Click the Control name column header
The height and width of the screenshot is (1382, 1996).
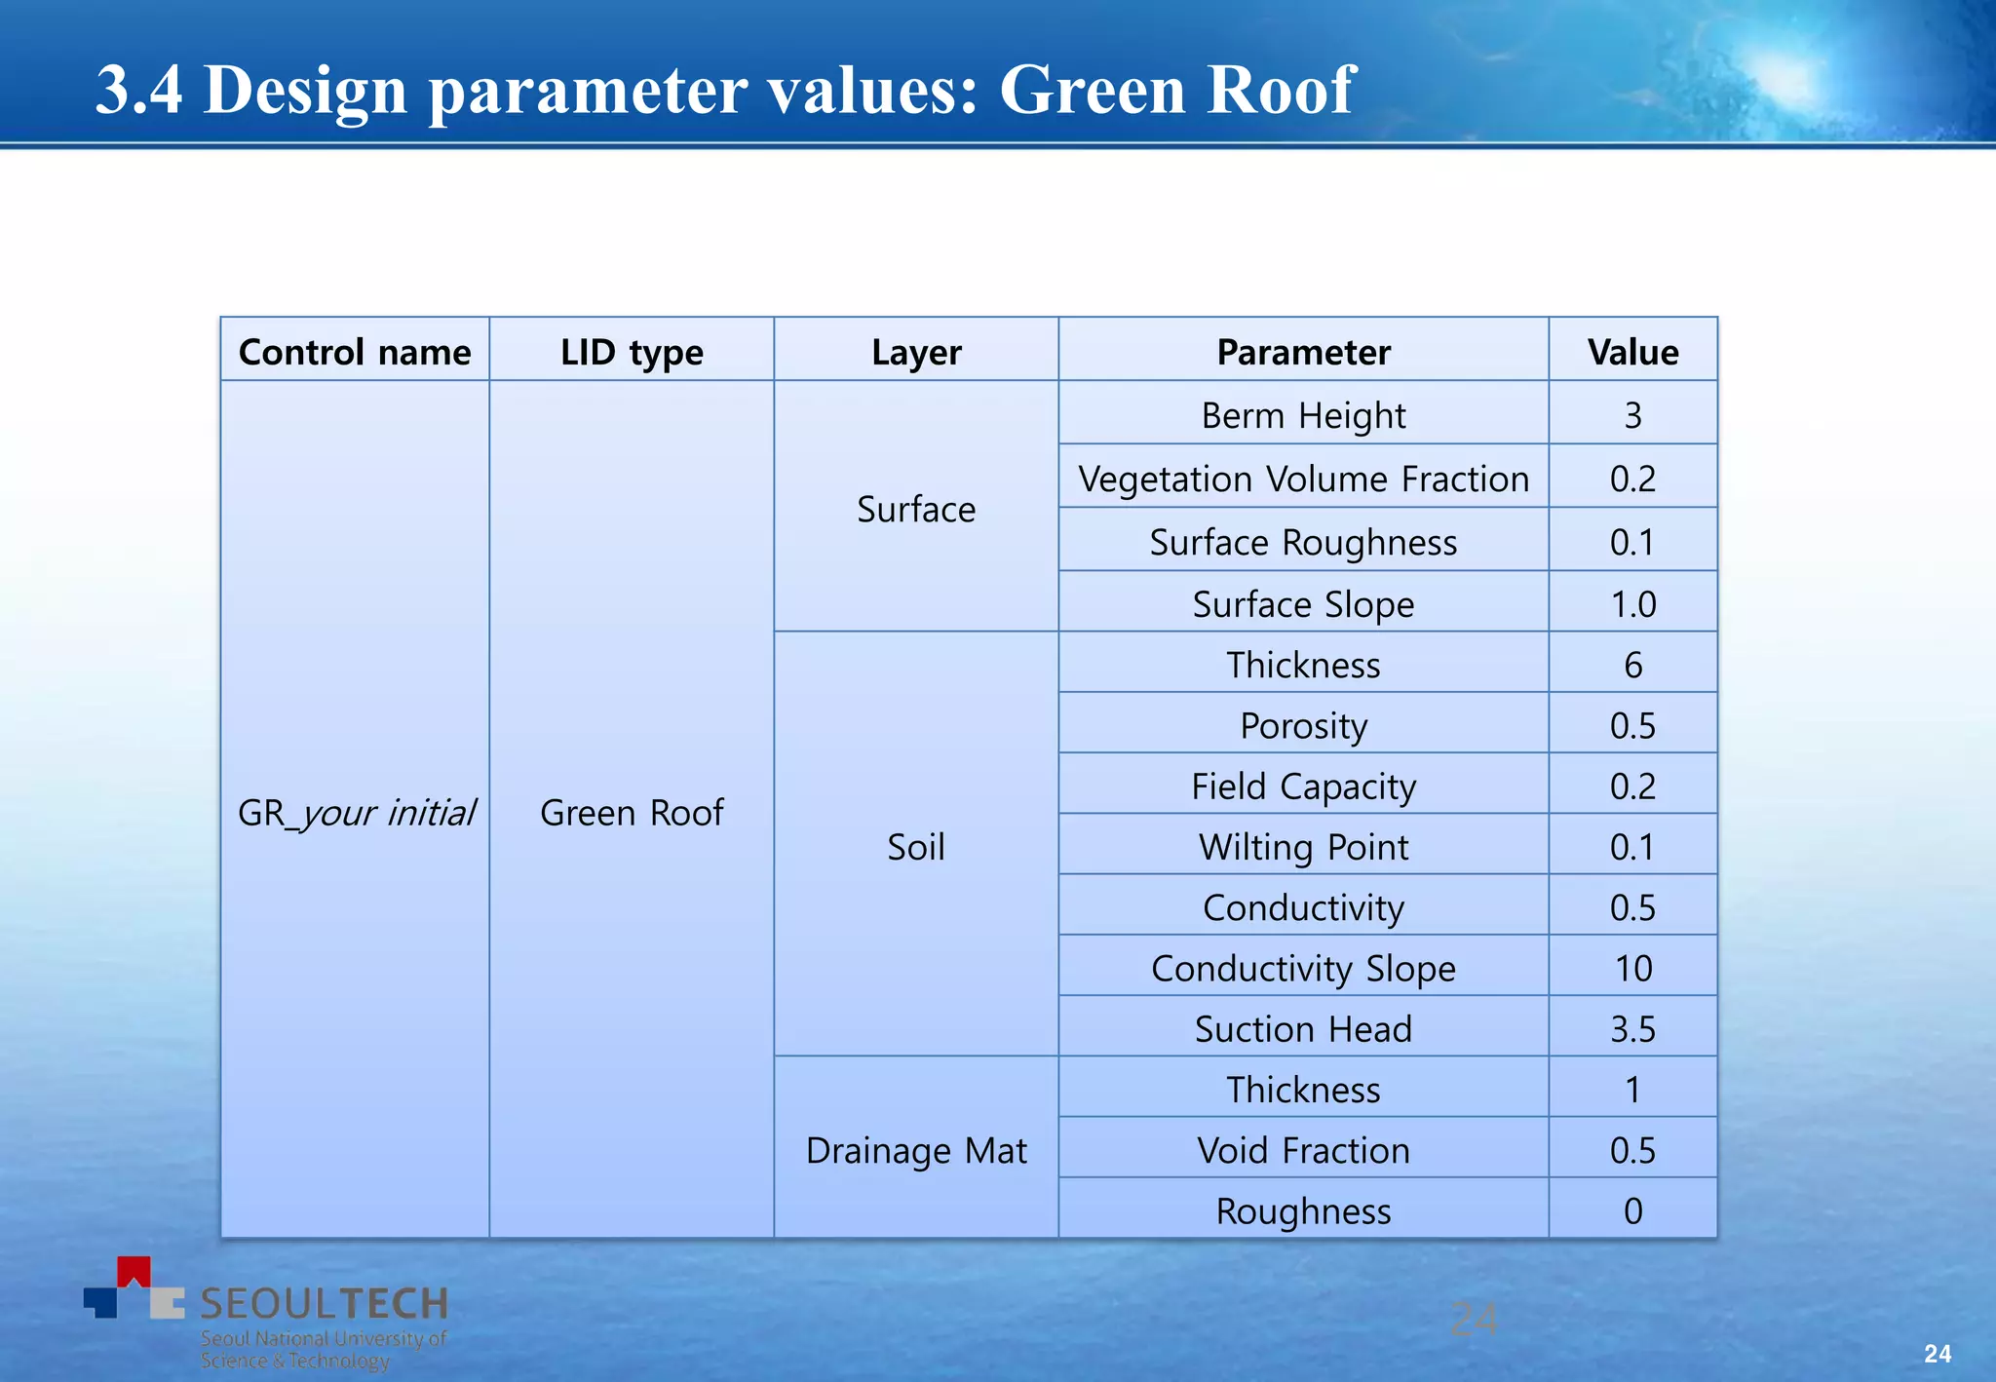point(355,352)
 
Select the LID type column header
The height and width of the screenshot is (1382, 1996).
point(632,352)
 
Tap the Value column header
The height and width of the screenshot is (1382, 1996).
point(1632,352)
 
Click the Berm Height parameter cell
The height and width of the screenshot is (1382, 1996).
point(1303,415)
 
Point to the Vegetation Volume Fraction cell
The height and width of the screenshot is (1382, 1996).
point(1303,479)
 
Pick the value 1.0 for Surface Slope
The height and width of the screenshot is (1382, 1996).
point(1632,604)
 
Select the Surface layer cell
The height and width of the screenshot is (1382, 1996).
point(916,509)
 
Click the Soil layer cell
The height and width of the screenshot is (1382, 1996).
point(916,846)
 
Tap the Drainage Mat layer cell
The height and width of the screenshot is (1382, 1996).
point(916,1150)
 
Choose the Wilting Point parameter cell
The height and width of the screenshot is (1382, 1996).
point(1303,846)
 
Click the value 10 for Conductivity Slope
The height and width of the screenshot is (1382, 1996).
point(1632,968)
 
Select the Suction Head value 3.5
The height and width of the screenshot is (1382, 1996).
point(1632,1029)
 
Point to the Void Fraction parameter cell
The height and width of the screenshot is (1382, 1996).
point(1303,1150)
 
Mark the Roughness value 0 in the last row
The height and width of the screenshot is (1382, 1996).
point(1632,1210)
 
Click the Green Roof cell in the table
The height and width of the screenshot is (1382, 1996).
point(632,812)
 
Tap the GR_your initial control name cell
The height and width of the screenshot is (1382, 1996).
point(356,812)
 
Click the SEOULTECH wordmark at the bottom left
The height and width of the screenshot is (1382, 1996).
point(324,1303)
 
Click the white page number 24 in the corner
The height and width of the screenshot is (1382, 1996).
point(1937,1353)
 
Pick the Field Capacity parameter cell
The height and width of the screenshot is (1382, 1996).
point(1303,786)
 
